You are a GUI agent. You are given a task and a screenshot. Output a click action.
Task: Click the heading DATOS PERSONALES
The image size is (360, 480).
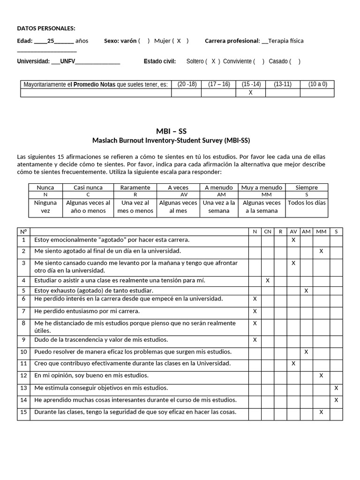[46, 29]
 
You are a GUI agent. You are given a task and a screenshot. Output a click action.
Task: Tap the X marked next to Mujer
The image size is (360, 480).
[179, 41]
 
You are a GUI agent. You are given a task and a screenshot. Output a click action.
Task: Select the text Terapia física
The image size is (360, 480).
[286, 41]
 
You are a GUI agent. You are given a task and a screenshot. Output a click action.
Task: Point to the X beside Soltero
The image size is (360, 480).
[213, 61]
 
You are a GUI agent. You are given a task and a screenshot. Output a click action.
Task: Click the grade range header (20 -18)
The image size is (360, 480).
[187, 84]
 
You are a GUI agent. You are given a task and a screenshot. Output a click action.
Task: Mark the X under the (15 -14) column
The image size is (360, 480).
[250, 93]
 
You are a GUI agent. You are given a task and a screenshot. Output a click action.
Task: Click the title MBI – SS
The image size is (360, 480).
[171, 131]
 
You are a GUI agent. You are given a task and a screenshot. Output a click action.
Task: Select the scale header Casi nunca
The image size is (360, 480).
[88, 187]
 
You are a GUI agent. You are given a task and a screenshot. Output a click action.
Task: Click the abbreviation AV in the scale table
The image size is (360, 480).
[184, 194]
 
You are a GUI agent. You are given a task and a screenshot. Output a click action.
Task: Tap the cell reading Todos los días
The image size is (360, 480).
[307, 203]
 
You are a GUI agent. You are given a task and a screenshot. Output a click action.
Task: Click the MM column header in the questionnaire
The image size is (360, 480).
[321, 231]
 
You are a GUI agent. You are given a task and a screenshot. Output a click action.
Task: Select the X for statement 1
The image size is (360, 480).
[293, 240]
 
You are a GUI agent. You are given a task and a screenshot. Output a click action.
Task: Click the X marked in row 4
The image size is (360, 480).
[267, 280]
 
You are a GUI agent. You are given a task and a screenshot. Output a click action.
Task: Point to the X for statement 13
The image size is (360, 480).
[336, 388]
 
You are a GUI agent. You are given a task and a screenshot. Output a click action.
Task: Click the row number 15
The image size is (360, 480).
[23, 412]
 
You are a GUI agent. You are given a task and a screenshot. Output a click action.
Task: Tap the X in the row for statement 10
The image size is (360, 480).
[306, 352]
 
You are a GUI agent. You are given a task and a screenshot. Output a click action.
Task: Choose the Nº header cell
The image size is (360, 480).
[23, 231]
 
